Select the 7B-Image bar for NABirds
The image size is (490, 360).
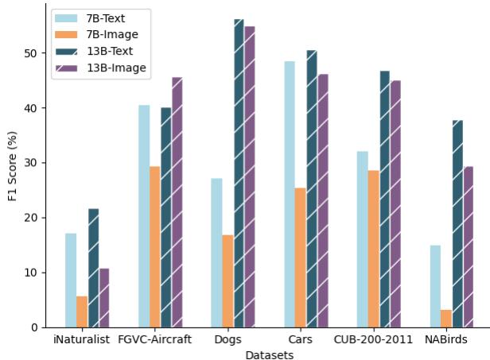(x=446, y=319)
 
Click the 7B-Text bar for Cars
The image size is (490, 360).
(x=289, y=194)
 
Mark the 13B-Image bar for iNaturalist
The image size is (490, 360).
(x=104, y=298)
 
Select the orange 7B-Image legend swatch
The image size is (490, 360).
(x=67, y=34)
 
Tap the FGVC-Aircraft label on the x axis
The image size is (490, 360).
(x=154, y=339)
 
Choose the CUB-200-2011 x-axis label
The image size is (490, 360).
(x=373, y=339)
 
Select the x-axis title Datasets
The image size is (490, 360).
(x=269, y=354)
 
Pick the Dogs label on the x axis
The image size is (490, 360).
(x=227, y=339)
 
